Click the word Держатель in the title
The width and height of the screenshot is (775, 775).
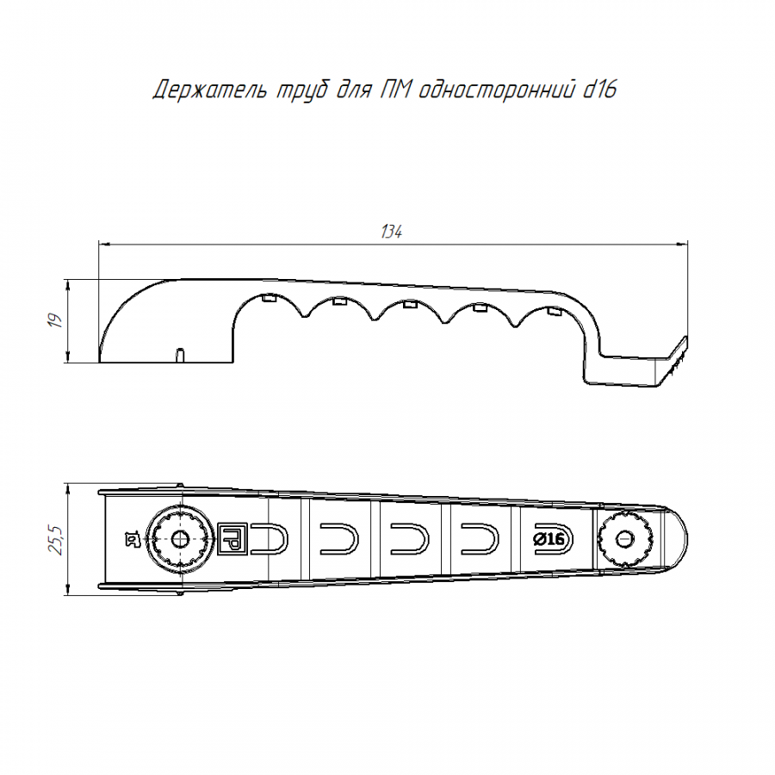(x=211, y=90)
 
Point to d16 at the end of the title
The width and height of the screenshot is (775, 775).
(x=599, y=90)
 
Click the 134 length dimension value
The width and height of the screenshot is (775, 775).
(x=392, y=232)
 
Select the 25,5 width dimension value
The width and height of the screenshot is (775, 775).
(x=56, y=540)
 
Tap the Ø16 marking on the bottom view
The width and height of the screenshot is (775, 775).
(x=549, y=539)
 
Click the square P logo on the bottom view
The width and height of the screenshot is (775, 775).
(x=232, y=538)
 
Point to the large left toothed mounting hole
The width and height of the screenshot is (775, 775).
(x=179, y=539)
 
